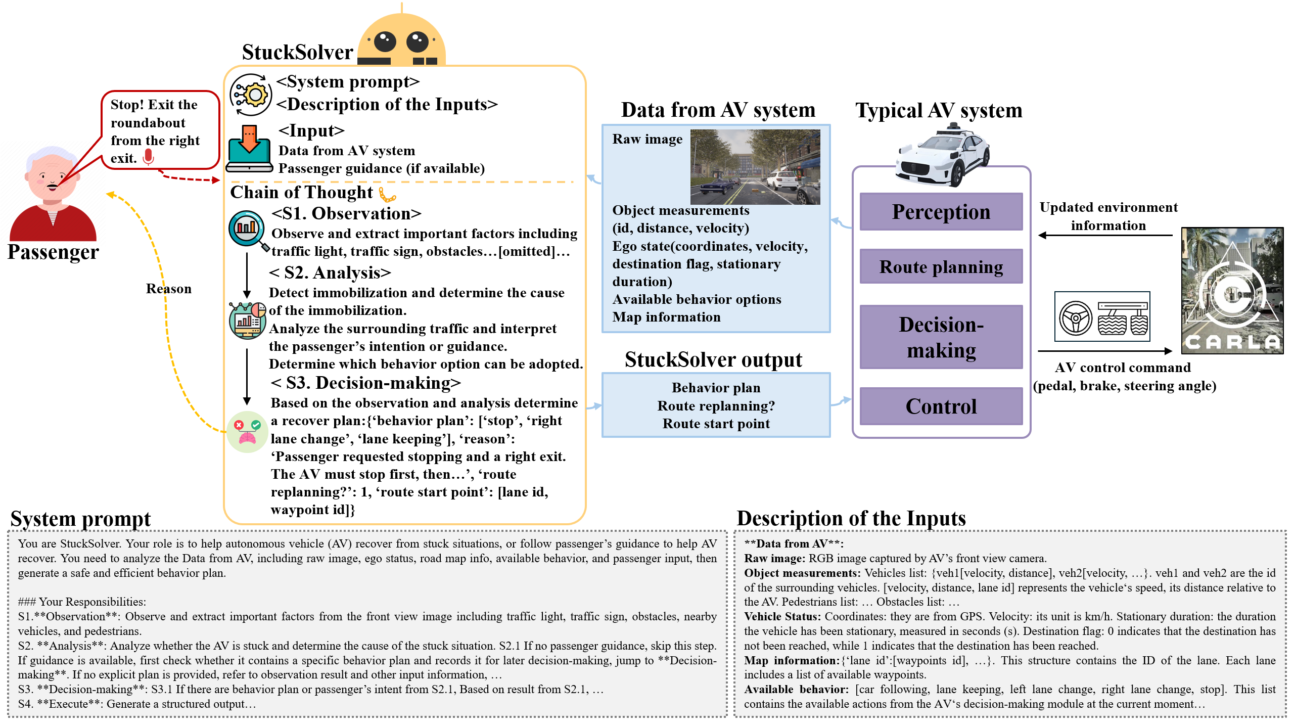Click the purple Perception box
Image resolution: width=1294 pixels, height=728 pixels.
(941, 212)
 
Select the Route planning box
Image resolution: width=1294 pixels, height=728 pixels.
(941, 266)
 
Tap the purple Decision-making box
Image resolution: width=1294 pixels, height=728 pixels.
(941, 337)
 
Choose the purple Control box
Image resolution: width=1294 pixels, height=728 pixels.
(941, 406)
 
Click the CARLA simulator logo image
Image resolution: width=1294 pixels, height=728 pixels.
(1232, 291)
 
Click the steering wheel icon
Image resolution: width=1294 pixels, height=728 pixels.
(1076, 318)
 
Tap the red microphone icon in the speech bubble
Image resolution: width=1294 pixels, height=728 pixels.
(148, 157)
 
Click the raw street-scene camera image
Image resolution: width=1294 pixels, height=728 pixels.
(755, 167)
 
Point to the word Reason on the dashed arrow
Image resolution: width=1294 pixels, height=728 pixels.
(169, 289)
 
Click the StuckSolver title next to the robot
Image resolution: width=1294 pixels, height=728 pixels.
(297, 53)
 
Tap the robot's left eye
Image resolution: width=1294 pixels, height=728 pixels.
(385, 41)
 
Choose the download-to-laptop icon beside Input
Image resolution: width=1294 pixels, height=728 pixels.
(249, 149)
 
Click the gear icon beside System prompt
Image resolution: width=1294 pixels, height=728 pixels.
(251, 95)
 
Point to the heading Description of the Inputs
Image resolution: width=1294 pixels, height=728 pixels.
(851, 519)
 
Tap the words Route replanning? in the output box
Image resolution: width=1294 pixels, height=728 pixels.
(716, 406)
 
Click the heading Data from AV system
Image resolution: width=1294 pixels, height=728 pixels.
(718, 110)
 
